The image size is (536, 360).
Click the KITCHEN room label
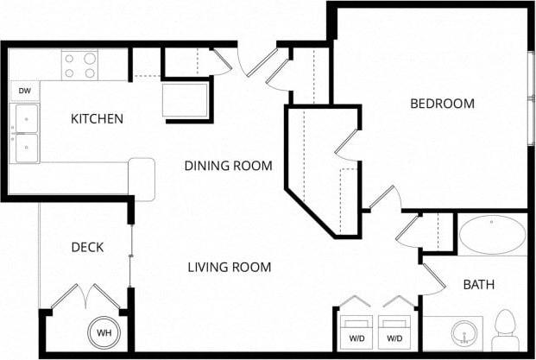click(97, 119)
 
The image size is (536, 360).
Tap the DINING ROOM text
click(229, 166)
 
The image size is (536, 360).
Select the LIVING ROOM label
click(230, 267)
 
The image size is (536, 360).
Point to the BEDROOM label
click(442, 104)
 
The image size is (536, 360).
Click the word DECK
click(87, 248)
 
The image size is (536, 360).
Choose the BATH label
click(478, 284)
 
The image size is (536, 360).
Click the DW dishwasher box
click(25, 91)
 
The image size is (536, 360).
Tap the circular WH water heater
click(103, 333)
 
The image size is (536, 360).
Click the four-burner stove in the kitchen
click(79, 66)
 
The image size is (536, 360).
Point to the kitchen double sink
click(26, 133)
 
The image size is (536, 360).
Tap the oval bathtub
click(491, 233)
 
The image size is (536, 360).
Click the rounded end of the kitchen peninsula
click(142, 179)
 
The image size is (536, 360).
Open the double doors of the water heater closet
click(85, 299)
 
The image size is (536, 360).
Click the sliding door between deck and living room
click(130, 256)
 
